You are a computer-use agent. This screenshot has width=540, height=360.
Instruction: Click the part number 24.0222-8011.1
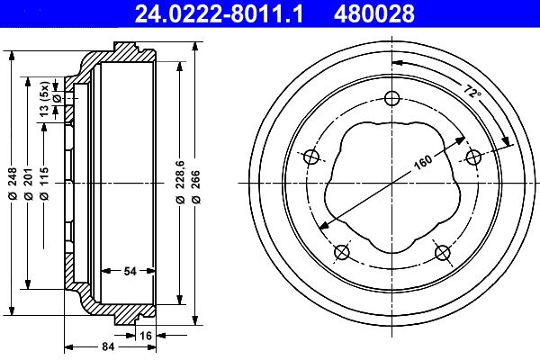click(219, 13)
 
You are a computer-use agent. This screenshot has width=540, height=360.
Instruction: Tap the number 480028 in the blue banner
click(374, 13)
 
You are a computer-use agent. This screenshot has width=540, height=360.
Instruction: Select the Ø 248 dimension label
click(13, 184)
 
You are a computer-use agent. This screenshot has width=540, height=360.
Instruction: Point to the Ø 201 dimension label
click(29, 184)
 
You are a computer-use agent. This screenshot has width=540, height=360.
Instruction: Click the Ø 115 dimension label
click(44, 184)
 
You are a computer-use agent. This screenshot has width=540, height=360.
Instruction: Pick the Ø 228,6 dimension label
click(180, 181)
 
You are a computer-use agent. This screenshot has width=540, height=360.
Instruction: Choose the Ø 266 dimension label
click(195, 186)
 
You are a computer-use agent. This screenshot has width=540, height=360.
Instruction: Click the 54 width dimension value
click(130, 271)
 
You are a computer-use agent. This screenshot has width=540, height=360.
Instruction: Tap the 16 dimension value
click(146, 335)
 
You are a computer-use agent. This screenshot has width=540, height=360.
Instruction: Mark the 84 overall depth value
click(108, 346)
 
